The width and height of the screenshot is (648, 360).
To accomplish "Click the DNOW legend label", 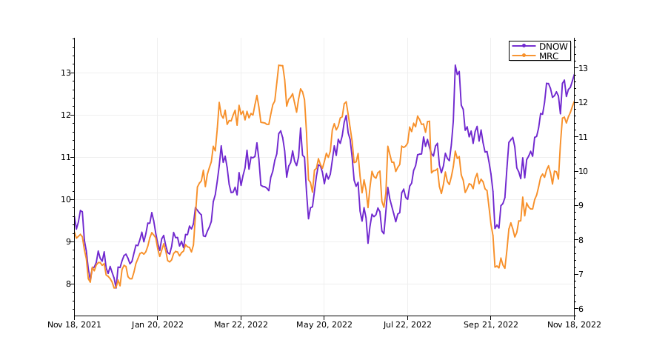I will point(553,47).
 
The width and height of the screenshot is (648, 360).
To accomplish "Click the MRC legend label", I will point(550,56).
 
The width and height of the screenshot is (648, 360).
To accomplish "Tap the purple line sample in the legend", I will point(524,47).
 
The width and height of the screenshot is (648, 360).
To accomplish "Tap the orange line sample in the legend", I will point(524,56).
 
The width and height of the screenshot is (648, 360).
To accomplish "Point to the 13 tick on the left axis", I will point(66,73).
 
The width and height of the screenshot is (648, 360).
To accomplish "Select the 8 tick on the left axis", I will point(68,284).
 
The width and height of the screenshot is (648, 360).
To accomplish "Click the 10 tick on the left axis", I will point(66,199).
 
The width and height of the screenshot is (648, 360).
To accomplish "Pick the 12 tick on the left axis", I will point(66,115).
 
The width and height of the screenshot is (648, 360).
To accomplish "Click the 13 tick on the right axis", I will point(583,68).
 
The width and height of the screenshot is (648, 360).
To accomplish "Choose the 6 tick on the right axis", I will point(581,309).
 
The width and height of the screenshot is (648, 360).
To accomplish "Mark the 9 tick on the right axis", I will point(581,206).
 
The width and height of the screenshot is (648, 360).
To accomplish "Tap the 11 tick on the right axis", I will point(583,137).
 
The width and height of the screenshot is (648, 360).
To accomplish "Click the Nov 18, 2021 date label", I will point(74,324).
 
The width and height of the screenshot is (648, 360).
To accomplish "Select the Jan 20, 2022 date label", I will point(157,324).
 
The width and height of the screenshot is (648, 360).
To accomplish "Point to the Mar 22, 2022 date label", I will point(241,324).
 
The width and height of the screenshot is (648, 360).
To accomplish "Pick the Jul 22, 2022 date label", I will point(407,324).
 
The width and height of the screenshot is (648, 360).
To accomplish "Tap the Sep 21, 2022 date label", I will point(490,324).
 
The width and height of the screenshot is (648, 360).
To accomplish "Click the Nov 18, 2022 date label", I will point(574,324).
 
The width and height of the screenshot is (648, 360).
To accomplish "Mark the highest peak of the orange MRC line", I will point(280,65).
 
